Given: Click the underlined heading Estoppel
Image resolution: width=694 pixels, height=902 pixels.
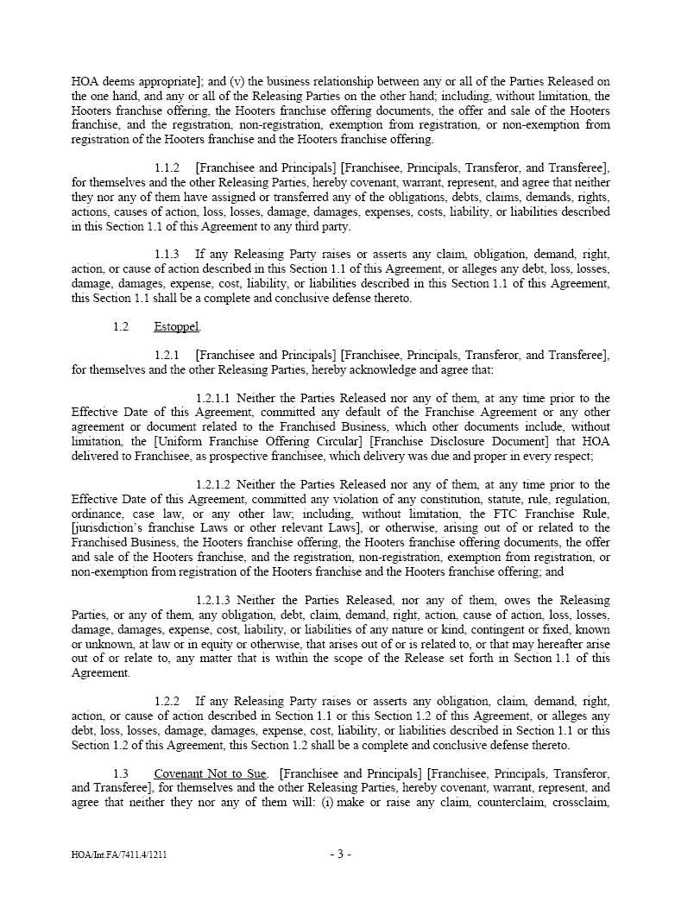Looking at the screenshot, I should tap(176, 327).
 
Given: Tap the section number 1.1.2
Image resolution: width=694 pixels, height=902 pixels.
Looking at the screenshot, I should tap(167, 168).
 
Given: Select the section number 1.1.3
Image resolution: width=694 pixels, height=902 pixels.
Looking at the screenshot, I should tap(167, 255).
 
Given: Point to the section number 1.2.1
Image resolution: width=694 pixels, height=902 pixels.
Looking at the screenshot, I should tap(167, 356).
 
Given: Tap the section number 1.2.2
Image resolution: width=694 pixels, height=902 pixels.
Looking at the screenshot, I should tap(167, 702).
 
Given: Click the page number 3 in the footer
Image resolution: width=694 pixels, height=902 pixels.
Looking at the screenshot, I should tap(340, 855).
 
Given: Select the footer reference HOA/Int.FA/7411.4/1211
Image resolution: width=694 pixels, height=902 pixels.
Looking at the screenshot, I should tap(125, 855).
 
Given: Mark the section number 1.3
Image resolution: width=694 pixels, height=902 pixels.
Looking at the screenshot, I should tap(120, 774).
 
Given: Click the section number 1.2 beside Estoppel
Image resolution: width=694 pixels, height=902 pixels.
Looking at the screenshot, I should tap(120, 327).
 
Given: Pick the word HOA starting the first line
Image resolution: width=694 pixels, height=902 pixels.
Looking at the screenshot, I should tap(85, 82).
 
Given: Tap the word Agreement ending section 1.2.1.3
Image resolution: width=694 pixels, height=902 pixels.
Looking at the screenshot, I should tap(100, 673).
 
